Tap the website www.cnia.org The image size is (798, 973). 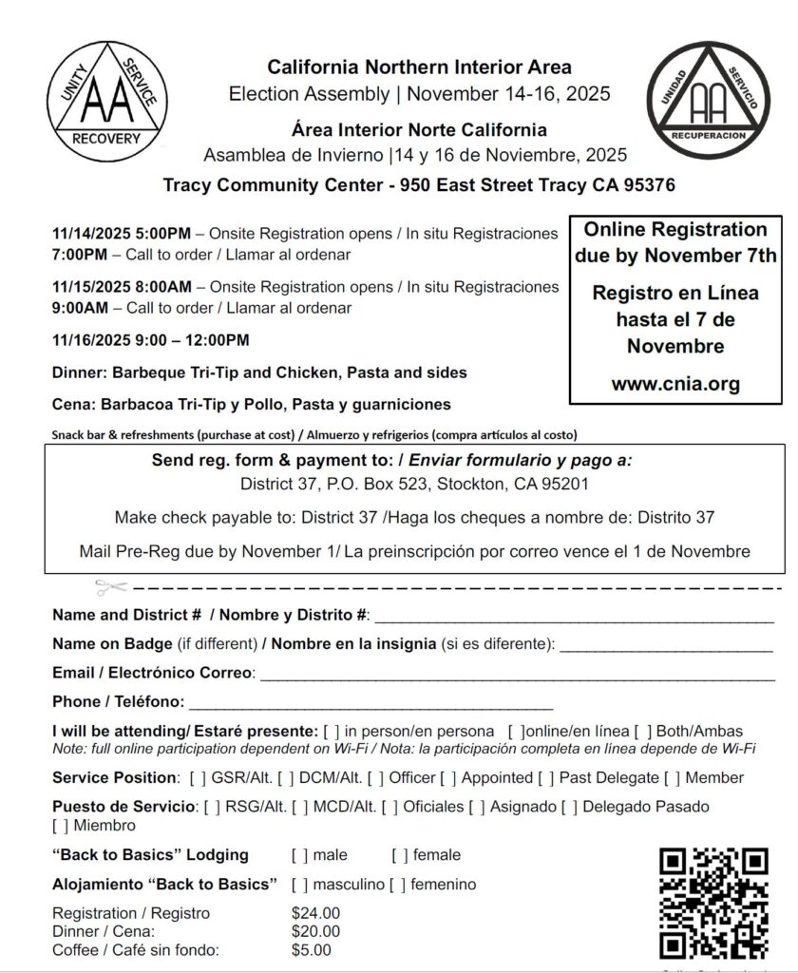[675, 385]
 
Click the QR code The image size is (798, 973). [713, 903]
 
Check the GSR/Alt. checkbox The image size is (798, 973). [198, 778]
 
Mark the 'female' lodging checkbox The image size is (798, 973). [400, 855]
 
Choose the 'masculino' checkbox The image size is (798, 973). [299, 885]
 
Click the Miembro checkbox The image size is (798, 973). [60, 825]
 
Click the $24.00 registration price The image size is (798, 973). [315, 914]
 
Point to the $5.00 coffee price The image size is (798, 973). [312, 949]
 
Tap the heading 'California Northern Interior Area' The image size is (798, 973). [419, 67]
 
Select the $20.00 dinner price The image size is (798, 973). [315, 931]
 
